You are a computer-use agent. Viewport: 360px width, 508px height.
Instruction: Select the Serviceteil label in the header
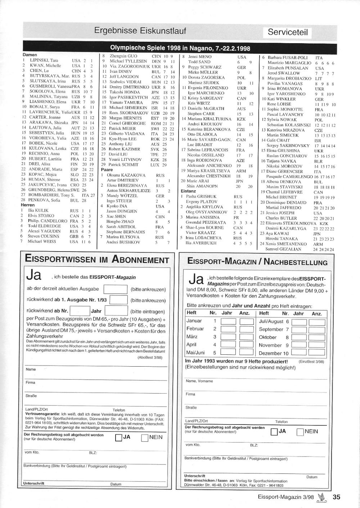[288, 32]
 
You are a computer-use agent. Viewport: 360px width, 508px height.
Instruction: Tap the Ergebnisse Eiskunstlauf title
[140, 31]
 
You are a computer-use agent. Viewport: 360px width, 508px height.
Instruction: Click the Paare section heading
[107, 169]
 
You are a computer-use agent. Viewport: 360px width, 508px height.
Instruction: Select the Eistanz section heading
[188, 191]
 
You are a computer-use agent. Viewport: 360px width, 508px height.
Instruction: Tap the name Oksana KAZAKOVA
[121, 175]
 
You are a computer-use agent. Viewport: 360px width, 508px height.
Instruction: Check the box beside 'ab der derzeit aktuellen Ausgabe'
[115, 289]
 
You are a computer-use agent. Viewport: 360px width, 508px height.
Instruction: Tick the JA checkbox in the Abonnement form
[118, 437]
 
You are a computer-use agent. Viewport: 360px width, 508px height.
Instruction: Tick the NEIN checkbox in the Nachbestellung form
[300, 432]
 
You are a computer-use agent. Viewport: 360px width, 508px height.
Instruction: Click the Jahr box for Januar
[228, 321]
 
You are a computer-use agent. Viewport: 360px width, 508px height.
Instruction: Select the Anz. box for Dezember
[317, 353]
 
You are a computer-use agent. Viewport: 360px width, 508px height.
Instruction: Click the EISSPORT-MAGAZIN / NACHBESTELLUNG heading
[257, 262]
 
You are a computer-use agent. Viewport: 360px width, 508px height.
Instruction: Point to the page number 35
[336, 497]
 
